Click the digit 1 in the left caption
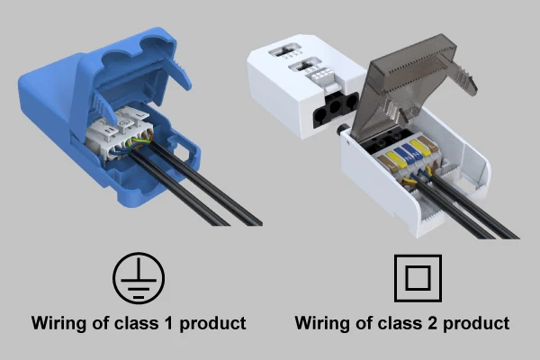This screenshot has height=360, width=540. (168, 323)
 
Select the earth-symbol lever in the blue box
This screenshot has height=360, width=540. (124, 121)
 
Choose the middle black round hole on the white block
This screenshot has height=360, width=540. (335, 106)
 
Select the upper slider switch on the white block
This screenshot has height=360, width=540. (286, 51)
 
